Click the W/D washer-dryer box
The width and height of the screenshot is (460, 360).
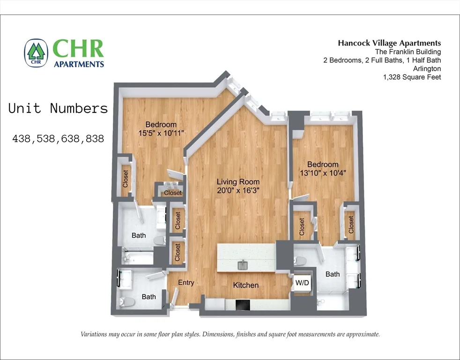301,283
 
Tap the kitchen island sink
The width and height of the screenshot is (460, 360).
243,266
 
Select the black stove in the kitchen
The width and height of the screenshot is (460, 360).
243,305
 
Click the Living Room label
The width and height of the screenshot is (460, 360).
238,181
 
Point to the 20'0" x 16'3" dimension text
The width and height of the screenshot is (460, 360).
238,190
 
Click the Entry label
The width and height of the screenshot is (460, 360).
185,283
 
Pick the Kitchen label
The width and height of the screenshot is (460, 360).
246,285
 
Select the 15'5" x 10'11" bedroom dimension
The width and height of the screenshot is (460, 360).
161,133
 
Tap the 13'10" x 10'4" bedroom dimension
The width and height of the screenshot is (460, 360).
323,172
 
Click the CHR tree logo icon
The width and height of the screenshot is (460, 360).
36,52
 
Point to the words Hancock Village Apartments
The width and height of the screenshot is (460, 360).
389,43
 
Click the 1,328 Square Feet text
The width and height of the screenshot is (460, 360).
412,77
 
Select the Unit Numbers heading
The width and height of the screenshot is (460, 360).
59,109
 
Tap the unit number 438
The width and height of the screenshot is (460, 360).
22,139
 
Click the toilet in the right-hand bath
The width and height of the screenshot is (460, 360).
300,261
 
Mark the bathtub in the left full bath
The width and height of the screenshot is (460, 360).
138,257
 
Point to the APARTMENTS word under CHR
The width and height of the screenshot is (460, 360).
79,64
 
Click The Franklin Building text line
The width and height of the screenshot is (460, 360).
408,52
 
